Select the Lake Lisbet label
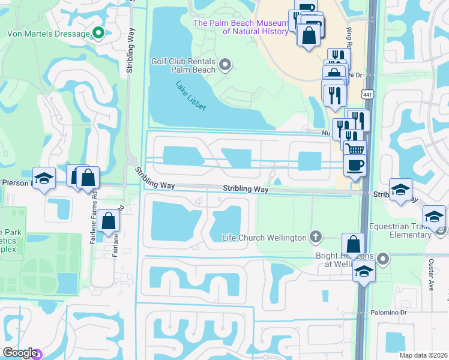tap(191, 97)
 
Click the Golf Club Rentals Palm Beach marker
tap(226, 64)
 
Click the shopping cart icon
tap(354, 148)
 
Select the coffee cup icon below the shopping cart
tap(354, 165)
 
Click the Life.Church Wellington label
tap(264, 238)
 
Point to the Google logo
tap(19, 353)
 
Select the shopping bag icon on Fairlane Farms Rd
tap(109, 221)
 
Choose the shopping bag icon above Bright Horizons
tap(354, 244)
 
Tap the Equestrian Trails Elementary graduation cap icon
tap(434, 216)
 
